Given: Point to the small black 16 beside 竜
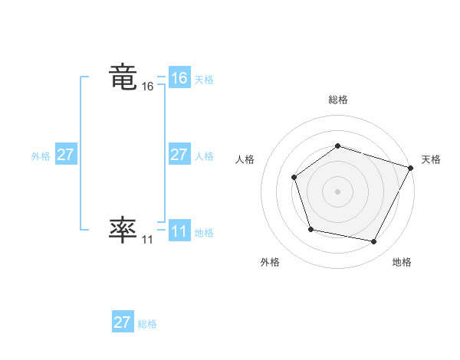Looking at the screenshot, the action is pos(148,87).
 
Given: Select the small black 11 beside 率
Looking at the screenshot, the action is pos(147,240).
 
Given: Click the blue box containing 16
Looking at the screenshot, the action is pos(179,78).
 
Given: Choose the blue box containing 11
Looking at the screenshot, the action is pos(179,231).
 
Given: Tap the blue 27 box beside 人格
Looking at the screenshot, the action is pos(179,155).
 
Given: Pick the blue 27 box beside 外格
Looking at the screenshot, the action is pos(65,155).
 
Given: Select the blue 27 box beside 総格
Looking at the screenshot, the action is pos(123,322).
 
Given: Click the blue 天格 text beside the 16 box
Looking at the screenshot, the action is pos(204,80).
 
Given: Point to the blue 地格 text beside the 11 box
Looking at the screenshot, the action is pos(204,233).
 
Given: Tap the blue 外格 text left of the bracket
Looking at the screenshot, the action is pos(41,156).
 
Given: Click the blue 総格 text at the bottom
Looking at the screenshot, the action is pos(147,324).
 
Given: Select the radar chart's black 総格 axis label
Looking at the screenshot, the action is pos(337,100).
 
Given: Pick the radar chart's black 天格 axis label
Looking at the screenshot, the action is pos(431,159).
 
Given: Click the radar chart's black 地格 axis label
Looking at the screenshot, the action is pos(402,262).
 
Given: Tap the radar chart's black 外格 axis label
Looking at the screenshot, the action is pos(270,262).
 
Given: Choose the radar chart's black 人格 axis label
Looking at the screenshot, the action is pos(245,159).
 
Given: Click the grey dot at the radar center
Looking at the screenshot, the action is pos(337,191).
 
